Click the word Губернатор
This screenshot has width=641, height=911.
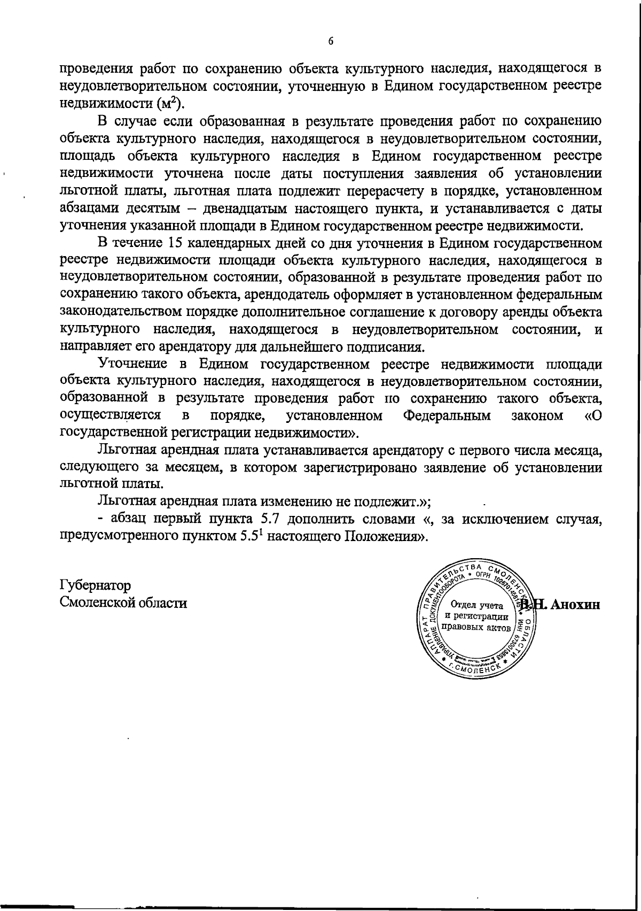pyautogui.click(x=96, y=585)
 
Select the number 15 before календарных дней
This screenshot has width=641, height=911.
pyautogui.click(x=176, y=243)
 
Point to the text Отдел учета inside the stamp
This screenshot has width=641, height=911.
pyautogui.click(x=477, y=606)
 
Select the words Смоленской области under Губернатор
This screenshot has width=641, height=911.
pyautogui.click(x=123, y=603)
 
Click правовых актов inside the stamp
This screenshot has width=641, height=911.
pyautogui.click(x=477, y=627)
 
